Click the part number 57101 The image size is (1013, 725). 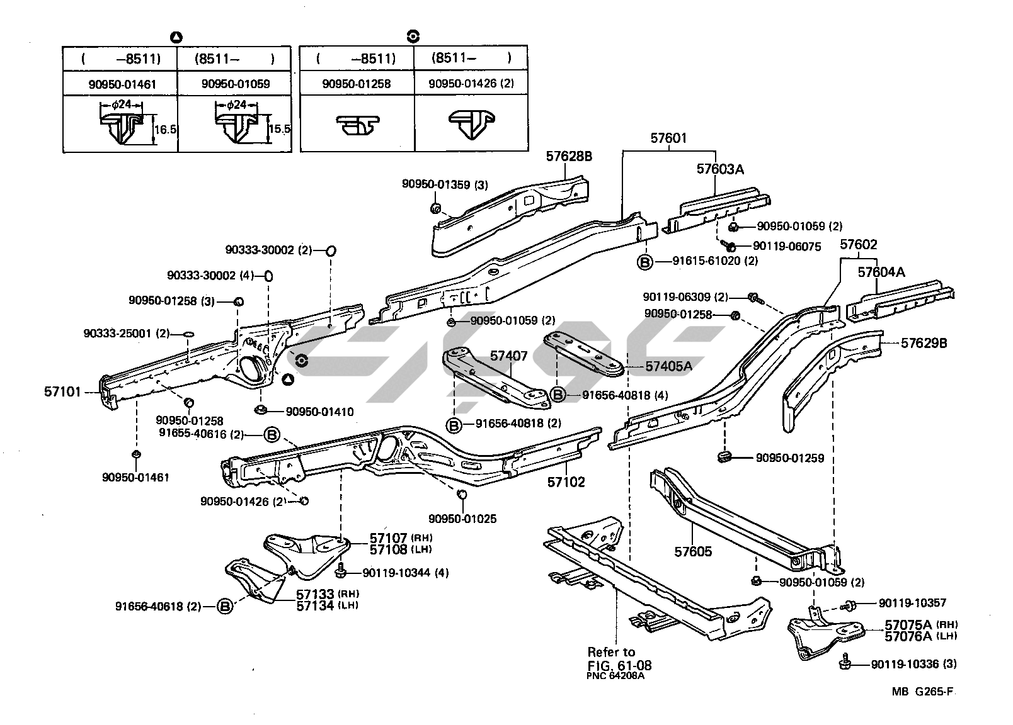[62, 391]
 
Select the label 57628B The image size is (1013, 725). [569, 156]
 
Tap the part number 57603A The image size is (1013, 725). [720, 169]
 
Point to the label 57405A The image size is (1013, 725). [668, 366]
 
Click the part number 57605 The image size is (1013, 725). [693, 551]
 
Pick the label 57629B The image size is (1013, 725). [924, 343]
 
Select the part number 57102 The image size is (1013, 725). [566, 482]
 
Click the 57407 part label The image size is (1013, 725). [509, 356]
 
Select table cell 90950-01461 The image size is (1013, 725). [120, 84]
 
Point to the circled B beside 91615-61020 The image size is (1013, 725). [645, 262]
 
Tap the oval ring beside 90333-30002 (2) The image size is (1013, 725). [329, 250]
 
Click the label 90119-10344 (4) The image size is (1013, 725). [406, 573]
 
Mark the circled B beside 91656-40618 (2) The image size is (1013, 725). [224, 607]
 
